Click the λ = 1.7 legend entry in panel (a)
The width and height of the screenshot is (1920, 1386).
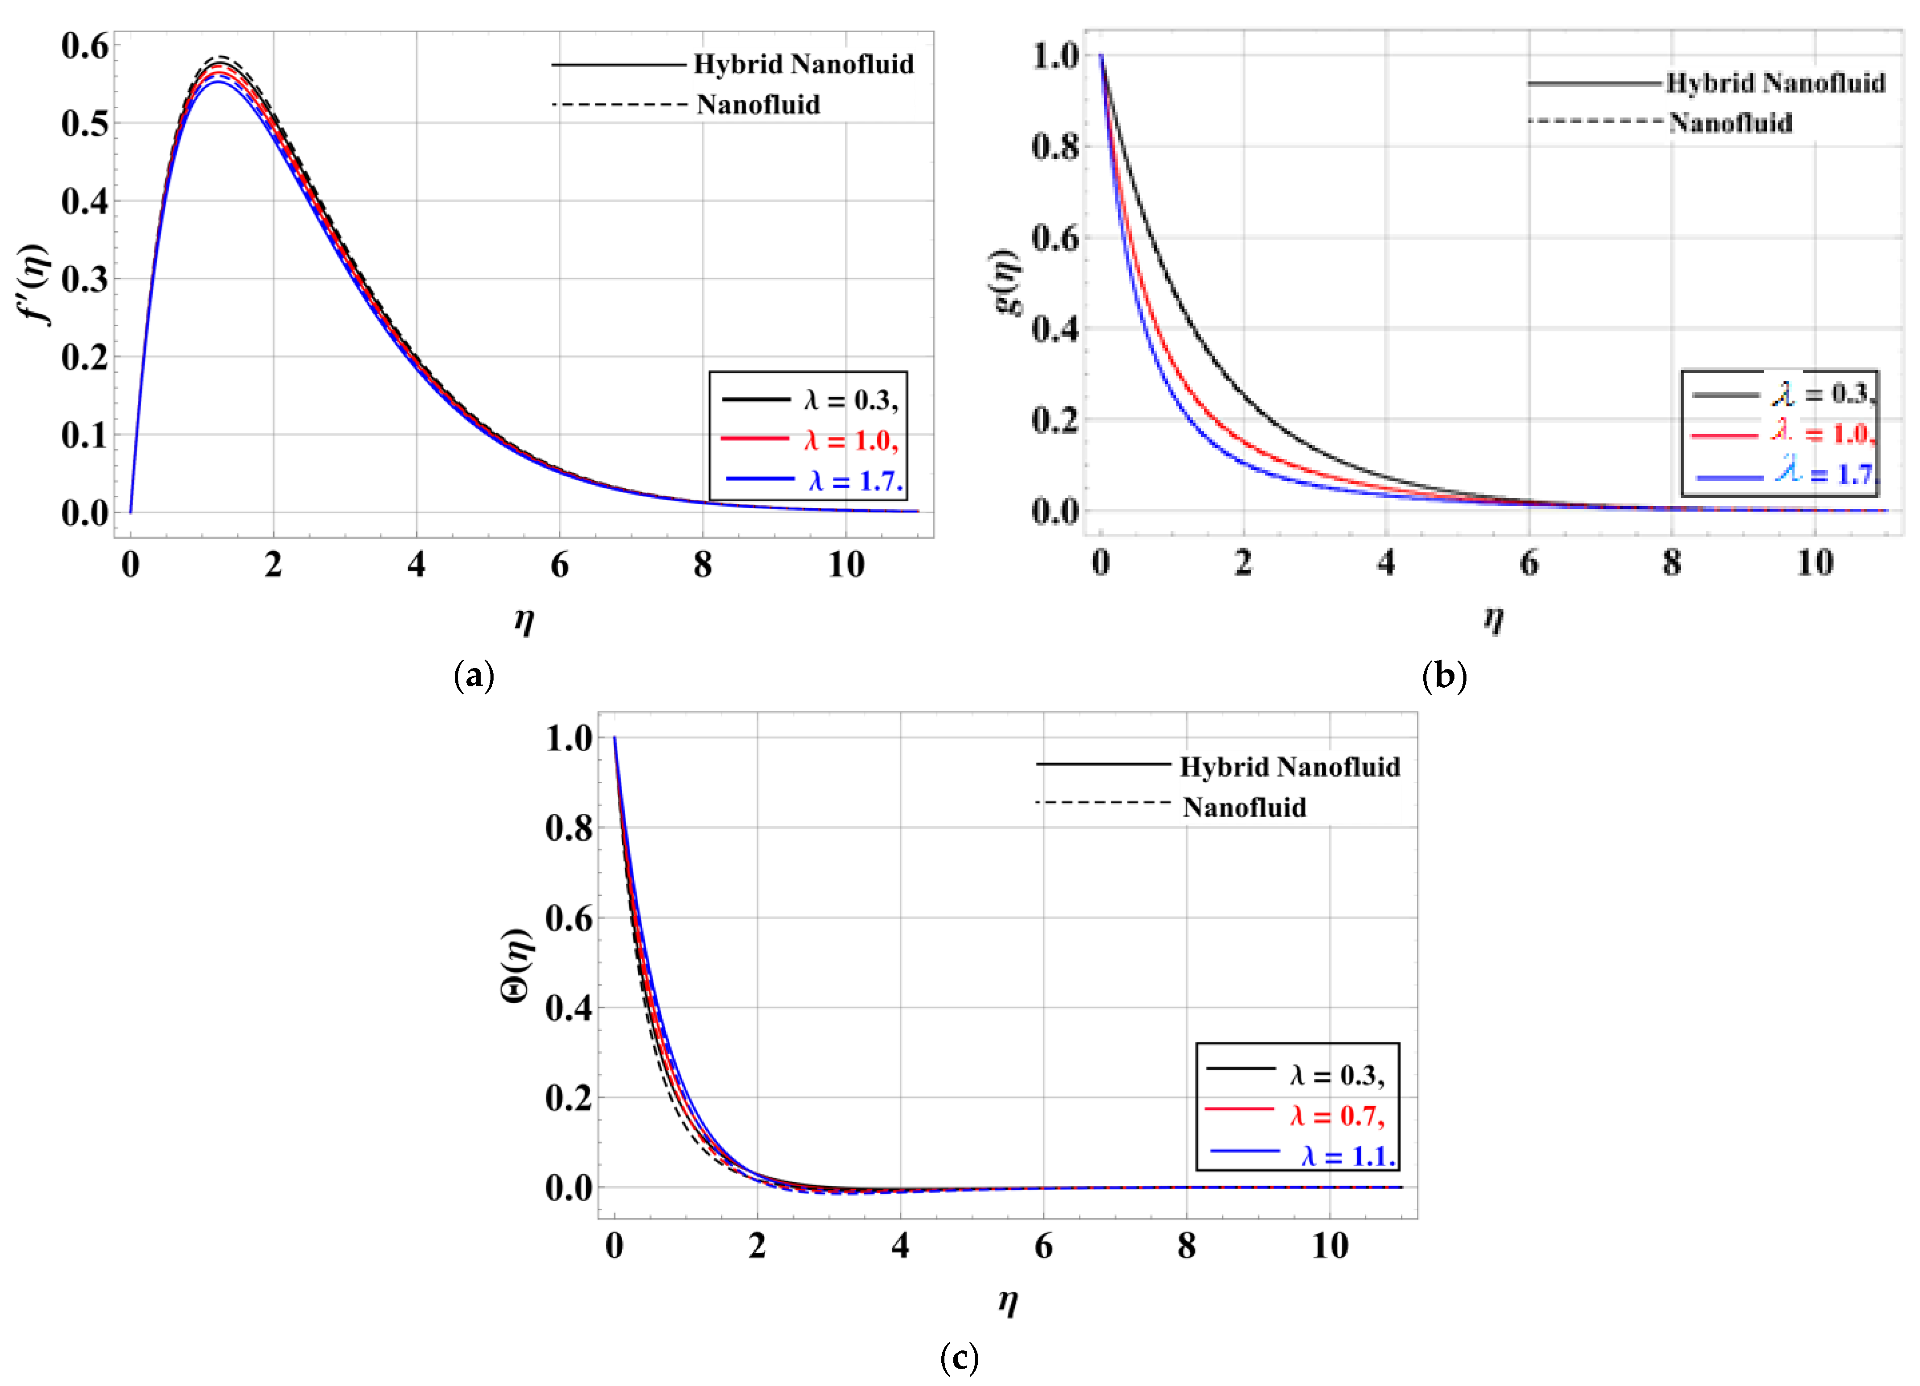(x=855, y=481)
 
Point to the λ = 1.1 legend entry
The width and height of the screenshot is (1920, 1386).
(x=1348, y=1156)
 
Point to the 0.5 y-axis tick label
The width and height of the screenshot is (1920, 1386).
(x=85, y=124)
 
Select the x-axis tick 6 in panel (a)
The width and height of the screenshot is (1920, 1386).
(x=559, y=565)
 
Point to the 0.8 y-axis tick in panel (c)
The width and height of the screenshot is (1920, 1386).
(x=569, y=827)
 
